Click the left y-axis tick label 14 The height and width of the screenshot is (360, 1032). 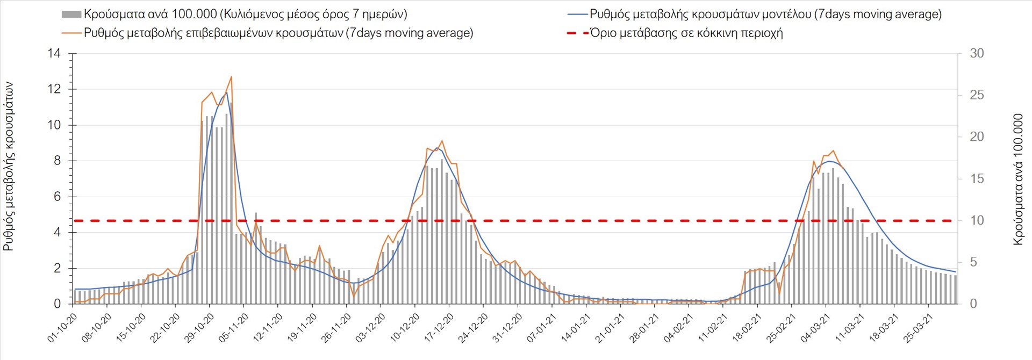pos(54,54)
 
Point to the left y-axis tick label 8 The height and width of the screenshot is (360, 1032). pos(57,161)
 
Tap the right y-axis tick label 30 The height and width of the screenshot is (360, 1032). pos(977,54)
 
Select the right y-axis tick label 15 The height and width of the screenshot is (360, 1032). pos(977,179)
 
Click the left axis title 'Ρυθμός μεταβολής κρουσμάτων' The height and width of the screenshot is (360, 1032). pos(9,167)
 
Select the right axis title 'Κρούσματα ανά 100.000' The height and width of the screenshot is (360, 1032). pos(1018,179)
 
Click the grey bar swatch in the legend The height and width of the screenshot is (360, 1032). pos(71,15)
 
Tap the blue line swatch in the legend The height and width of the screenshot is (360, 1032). pos(577,15)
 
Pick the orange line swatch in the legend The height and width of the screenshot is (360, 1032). pos(71,33)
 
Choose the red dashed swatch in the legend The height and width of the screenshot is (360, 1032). pos(577,33)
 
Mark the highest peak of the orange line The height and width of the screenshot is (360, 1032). pos(231,77)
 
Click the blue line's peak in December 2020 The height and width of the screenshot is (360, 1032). pos(436,148)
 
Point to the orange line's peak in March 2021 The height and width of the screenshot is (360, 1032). pos(833,151)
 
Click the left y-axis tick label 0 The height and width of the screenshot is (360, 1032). pos(57,304)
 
